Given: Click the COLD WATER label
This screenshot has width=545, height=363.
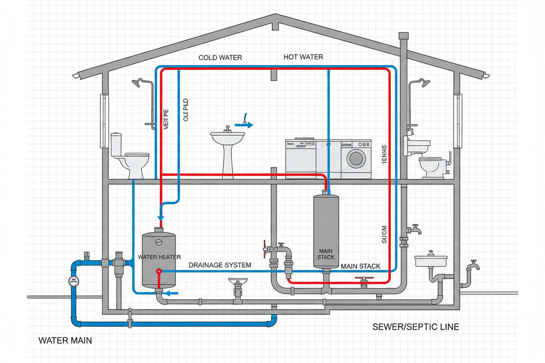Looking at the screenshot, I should pyautogui.click(x=220, y=58).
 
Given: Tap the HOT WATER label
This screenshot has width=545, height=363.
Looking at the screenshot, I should pyautogui.click(x=303, y=57).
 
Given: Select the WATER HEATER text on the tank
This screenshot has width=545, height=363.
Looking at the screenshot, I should pyautogui.click(x=159, y=257).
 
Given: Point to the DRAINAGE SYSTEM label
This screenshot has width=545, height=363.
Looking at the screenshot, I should pyautogui.click(x=220, y=265).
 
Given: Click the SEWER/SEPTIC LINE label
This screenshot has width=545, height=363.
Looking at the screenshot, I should pyautogui.click(x=415, y=327).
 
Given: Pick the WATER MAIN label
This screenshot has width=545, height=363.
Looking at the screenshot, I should pyautogui.click(x=65, y=340).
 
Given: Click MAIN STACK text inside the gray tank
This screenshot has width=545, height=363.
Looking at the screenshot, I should pyautogui.click(x=326, y=254).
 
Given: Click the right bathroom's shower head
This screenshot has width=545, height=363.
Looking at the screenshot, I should pyautogui.click(x=424, y=83).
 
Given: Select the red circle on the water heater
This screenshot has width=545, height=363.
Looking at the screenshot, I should pyautogui.click(x=159, y=271).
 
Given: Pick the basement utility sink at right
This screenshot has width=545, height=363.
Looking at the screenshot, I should pyautogui.click(x=431, y=261).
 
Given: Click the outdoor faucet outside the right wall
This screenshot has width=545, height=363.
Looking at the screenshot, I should pyautogui.click(x=473, y=265).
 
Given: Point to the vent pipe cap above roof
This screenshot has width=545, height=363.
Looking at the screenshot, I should pyautogui.click(x=404, y=35).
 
